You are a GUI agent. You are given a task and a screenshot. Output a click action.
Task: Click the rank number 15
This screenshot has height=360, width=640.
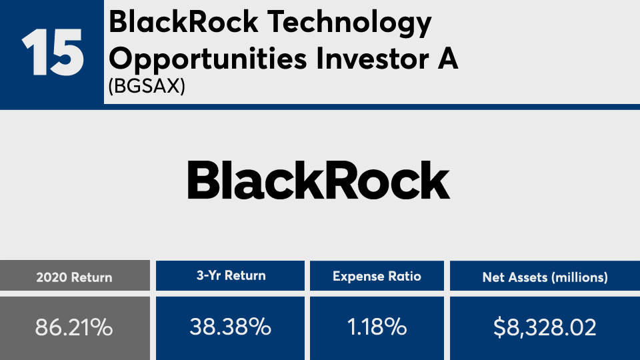(53, 53)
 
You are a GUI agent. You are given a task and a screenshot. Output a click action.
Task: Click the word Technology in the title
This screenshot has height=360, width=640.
(349, 23)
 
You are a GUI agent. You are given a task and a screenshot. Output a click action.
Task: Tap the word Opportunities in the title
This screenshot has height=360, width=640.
(207, 59)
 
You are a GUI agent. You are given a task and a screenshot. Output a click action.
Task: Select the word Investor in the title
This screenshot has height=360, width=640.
(372, 59)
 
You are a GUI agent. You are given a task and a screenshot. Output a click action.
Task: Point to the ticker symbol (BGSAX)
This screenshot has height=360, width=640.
(147, 86)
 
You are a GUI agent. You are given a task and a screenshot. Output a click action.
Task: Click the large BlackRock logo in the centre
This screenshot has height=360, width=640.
(319, 180)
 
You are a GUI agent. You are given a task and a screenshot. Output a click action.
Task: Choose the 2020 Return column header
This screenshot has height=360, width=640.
(74, 277)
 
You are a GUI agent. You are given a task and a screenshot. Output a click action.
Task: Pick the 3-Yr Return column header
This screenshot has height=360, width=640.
(231, 275)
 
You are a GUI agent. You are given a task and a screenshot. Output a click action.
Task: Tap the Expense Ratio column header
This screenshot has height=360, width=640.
(377, 276)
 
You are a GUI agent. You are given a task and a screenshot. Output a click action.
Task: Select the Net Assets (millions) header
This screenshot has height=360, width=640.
(545, 277)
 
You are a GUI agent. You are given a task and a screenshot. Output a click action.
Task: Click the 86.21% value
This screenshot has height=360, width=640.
(74, 327)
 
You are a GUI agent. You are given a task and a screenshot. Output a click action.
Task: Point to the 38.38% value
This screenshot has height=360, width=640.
(230, 327)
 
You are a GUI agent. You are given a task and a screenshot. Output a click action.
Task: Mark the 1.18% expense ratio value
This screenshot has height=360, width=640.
(377, 327)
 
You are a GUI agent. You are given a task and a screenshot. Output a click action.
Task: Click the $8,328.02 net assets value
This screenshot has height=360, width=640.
(545, 327)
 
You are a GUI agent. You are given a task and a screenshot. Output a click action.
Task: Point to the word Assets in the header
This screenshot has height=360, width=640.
(530, 277)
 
